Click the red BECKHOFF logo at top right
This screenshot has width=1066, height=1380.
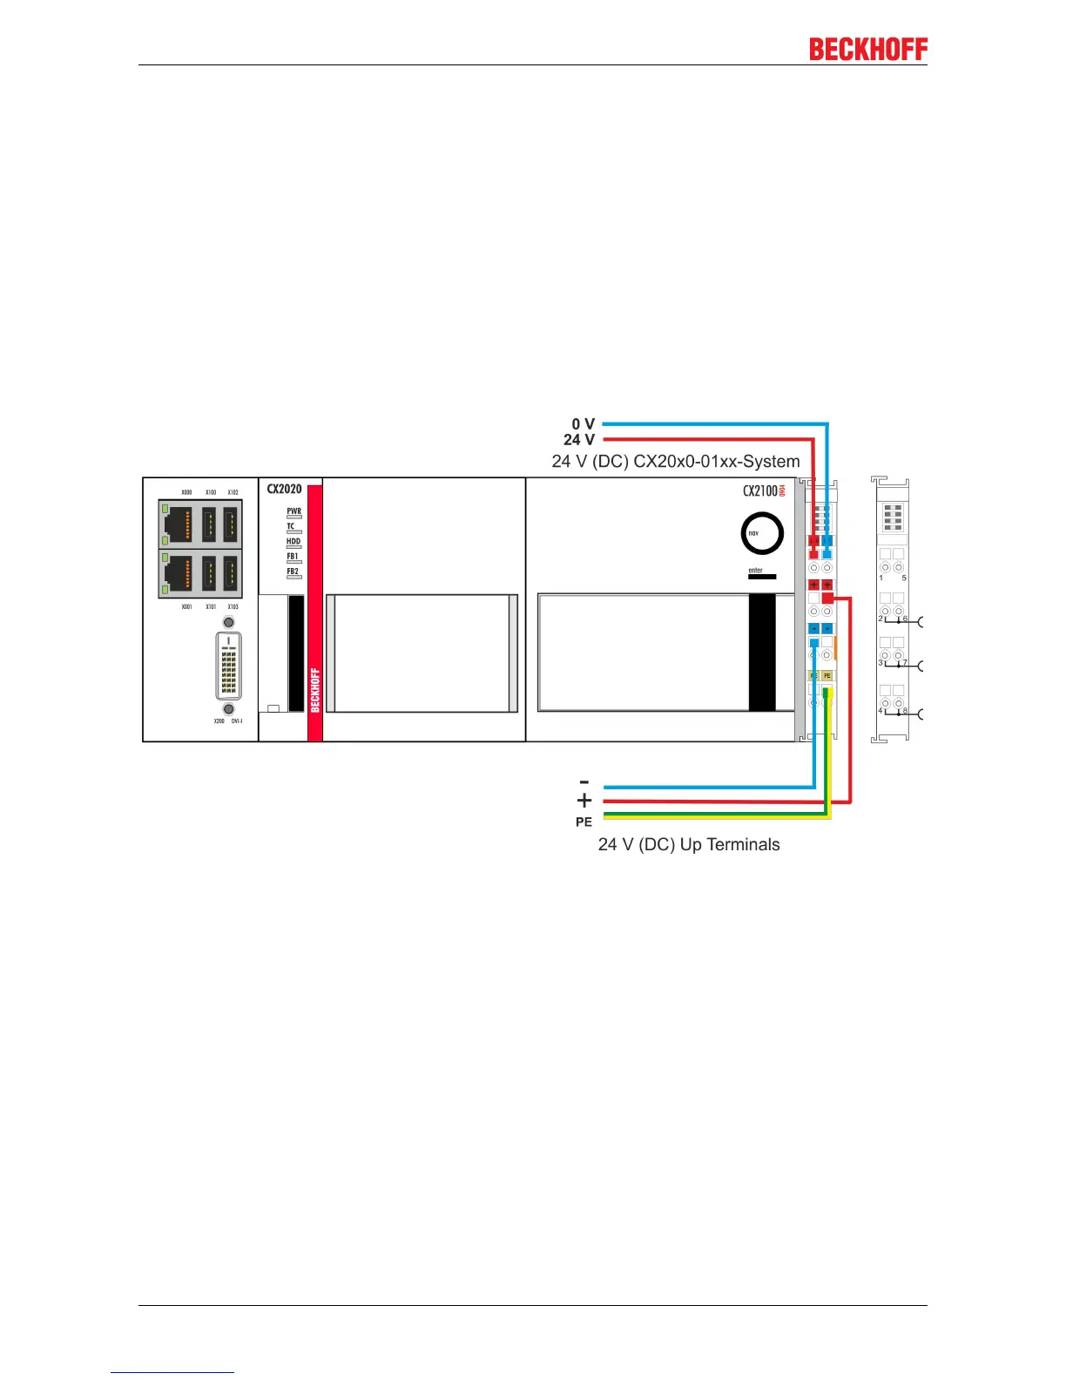click(x=868, y=50)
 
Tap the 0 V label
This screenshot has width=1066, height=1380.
click(x=583, y=424)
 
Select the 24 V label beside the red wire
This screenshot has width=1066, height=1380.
click(x=579, y=440)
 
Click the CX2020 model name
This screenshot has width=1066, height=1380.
click(x=284, y=489)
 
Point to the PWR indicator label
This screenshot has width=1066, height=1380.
click(x=294, y=511)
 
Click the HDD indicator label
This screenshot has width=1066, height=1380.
click(x=293, y=541)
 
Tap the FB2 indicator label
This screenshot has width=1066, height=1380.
click(x=293, y=572)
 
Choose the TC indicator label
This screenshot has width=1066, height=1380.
click(x=291, y=526)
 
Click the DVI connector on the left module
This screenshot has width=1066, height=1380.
click(x=228, y=666)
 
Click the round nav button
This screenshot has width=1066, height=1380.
click(x=762, y=534)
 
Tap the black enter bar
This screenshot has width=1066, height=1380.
click(x=762, y=577)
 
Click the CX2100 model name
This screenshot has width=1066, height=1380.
click(x=760, y=490)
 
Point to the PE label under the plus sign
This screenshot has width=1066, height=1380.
click(x=584, y=822)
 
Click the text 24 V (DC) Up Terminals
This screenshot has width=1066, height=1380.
click(x=689, y=844)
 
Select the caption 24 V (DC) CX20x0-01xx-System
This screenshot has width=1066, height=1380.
click(x=676, y=462)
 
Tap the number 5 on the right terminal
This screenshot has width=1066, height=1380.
click(x=904, y=578)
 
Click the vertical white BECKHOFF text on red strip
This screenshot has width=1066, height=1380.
click(x=315, y=690)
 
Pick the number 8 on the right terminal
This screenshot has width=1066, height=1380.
click(x=905, y=711)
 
